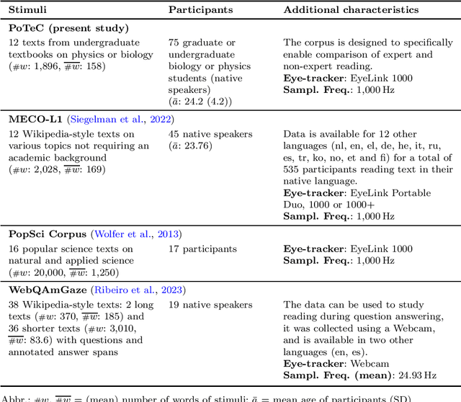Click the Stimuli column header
(28, 10)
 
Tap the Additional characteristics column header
(351, 10)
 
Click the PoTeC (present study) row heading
(68, 28)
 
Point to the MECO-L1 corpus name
(35, 119)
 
